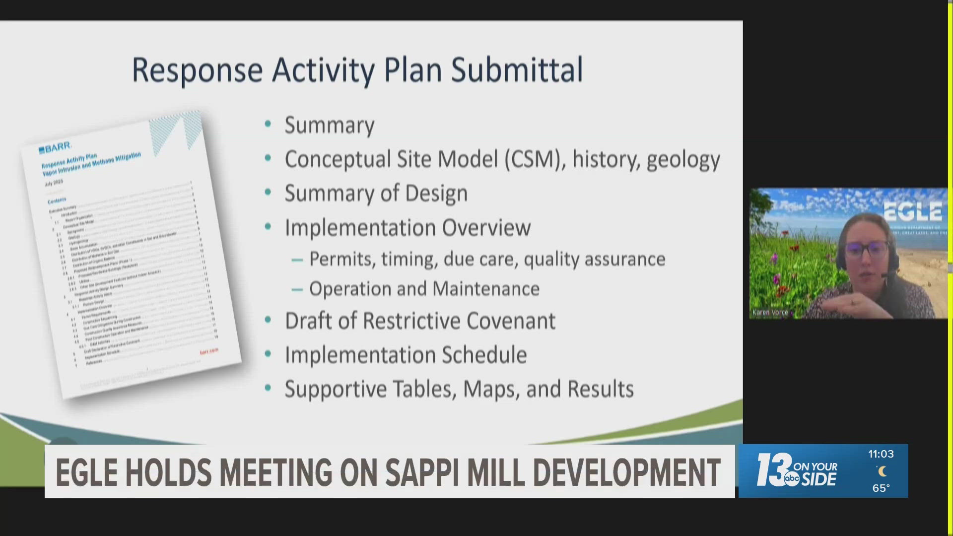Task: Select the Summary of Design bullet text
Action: [376, 194]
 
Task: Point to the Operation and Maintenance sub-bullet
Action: [424, 289]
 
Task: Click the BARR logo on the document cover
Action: [55, 148]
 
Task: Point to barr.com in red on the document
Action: [209, 351]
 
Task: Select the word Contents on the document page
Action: [57, 201]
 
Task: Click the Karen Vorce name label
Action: [770, 312]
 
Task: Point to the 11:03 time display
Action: [881, 454]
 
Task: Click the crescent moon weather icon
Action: [882, 471]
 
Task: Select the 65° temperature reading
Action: [881, 488]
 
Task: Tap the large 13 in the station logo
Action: [772, 469]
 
